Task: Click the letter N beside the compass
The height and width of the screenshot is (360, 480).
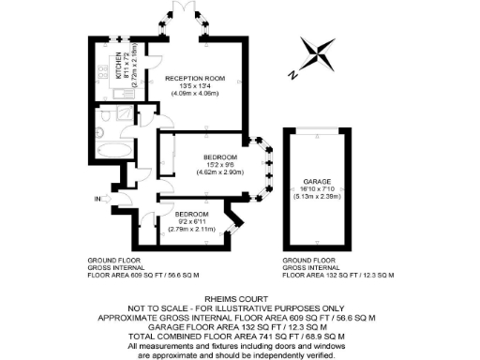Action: [x=293, y=73]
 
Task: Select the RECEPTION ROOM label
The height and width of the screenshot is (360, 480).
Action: [x=195, y=79]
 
